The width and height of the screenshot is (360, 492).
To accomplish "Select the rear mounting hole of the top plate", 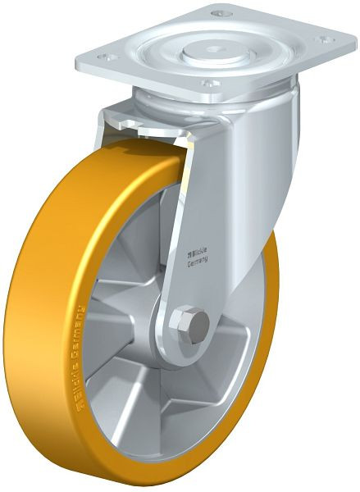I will point(217,14).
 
